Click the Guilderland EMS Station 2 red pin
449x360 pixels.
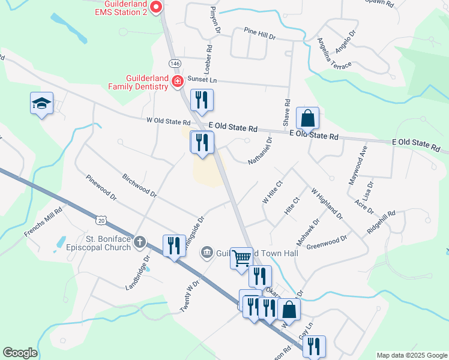tap(156, 8)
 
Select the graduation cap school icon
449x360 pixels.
tap(42, 103)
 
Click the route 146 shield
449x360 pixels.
tap(175, 64)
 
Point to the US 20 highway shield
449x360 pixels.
tap(101, 221)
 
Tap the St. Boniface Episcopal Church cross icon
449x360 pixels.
tap(139, 242)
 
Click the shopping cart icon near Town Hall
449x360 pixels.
tap(242, 258)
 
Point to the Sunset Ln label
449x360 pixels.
tap(202, 79)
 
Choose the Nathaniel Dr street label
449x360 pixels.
tap(260, 151)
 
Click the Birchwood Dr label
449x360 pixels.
tap(139, 186)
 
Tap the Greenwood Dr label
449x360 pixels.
tap(327, 242)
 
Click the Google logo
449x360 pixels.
tap(20, 353)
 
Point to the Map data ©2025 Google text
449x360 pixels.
tap(411, 355)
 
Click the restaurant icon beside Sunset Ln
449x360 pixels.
tap(202, 100)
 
